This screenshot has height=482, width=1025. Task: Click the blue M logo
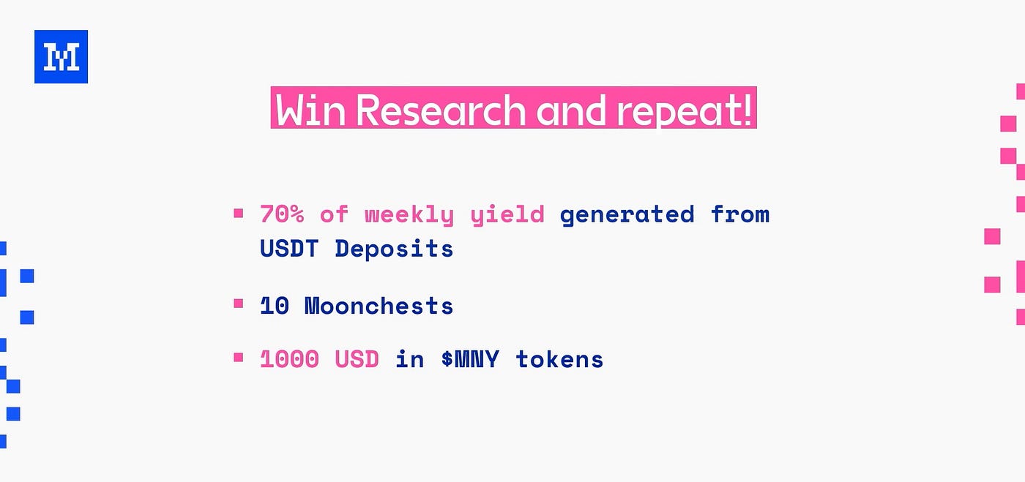61,57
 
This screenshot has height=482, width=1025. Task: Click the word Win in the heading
310,110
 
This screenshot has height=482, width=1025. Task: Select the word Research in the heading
441,110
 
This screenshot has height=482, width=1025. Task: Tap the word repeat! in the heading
684,111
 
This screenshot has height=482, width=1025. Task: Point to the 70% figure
282,214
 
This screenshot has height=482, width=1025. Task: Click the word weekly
409,215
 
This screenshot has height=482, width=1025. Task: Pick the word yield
507,215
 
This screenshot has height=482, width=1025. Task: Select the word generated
627,215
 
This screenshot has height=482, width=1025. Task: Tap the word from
740,214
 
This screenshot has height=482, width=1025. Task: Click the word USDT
288,249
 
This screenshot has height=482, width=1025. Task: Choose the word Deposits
394,249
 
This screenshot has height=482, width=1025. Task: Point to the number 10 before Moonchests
275,306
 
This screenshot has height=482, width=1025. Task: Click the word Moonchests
379,306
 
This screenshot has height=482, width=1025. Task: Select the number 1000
289,359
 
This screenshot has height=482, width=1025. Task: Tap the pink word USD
357,359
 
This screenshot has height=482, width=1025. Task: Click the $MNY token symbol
470,359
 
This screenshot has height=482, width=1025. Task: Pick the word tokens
559,359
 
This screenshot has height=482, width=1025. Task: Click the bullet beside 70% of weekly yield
239,213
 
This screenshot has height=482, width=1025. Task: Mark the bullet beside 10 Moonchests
239,304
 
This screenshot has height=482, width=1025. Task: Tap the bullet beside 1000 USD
239,357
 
